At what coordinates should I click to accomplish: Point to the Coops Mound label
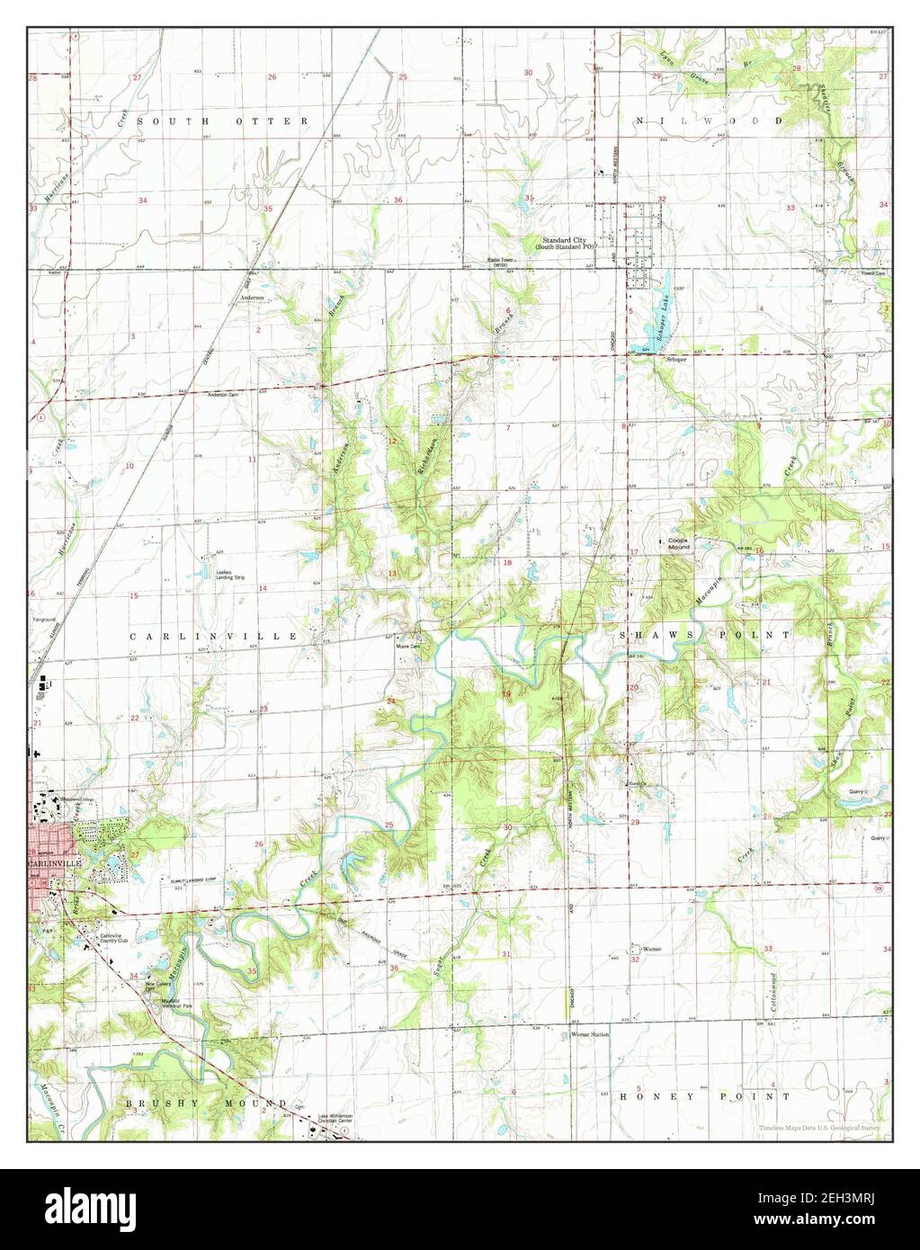click(x=677, y=543)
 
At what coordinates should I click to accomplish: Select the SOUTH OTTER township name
click(x=224, y=121)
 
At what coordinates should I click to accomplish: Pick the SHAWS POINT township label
click(x=704, y=635)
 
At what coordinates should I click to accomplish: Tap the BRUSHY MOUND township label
click(x=206, y=1102)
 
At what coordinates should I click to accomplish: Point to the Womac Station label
click(x=591, y=1035)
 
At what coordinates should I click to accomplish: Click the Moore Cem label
click(x=409, y=646)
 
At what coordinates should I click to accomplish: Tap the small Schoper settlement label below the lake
click(x=676, y=360)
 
